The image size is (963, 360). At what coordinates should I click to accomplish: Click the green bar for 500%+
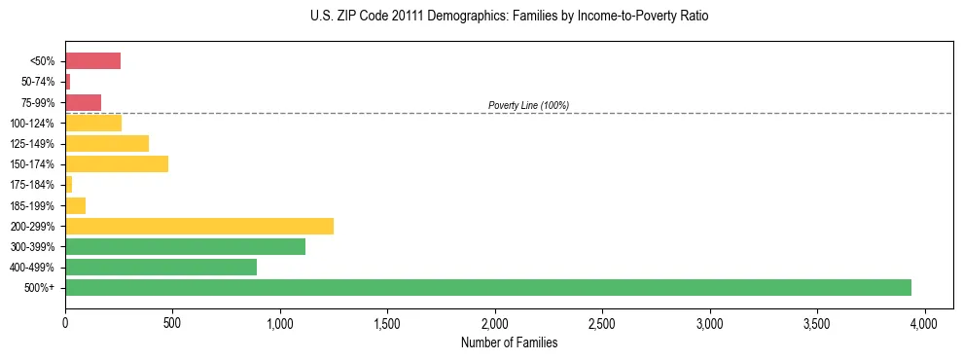[487, 287]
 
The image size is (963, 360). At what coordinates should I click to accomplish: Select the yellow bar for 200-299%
[199, 226]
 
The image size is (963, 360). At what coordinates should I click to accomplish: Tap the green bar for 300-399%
[185, 246]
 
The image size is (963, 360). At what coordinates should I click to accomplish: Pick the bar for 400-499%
[160, 267]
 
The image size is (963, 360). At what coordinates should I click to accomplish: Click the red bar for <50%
[92, 61]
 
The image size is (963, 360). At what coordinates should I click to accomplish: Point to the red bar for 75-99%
[83, 102]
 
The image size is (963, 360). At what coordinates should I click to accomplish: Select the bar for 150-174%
[117, 163]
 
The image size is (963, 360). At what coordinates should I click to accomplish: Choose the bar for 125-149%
[107, 143]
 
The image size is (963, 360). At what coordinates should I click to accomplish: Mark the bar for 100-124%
[93, 123]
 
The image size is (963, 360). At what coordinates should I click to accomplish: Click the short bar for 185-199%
[75, 205]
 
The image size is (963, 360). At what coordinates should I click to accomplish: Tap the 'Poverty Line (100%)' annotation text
[528, 105]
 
